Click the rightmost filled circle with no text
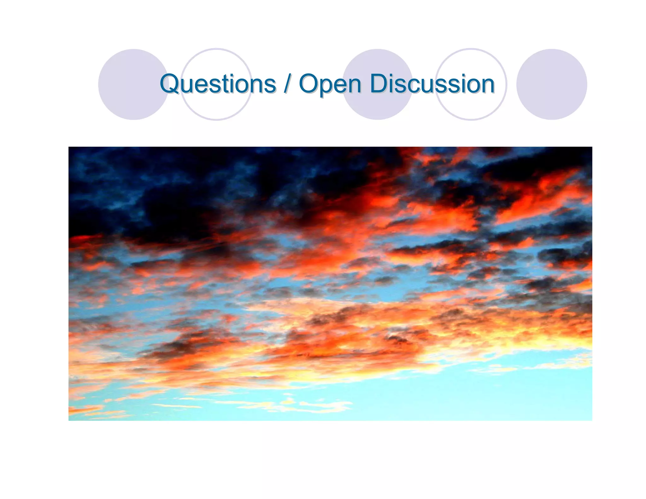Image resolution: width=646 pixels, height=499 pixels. click(x=551, y=85)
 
